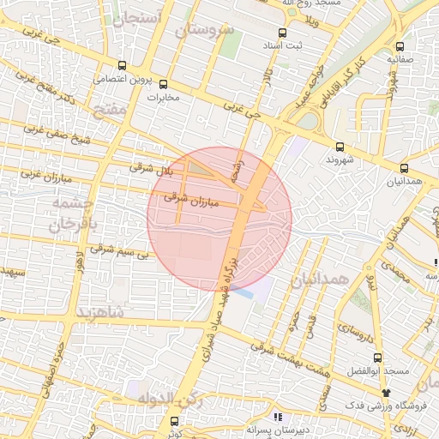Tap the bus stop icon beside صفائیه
pyautogui.click(x=400, y=47)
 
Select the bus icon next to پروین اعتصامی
pyautogui.click(x=123, y=65)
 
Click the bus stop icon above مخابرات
pyautogui.click(x=164, y=85)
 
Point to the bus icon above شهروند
pyautogui.click(x=340, y=147)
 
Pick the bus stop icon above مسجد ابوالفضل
pyautogui.click(x=376, y=358)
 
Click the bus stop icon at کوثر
pyautogui.click(x=175, y=421)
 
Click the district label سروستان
pyautogui.click(x=205, y=30)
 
